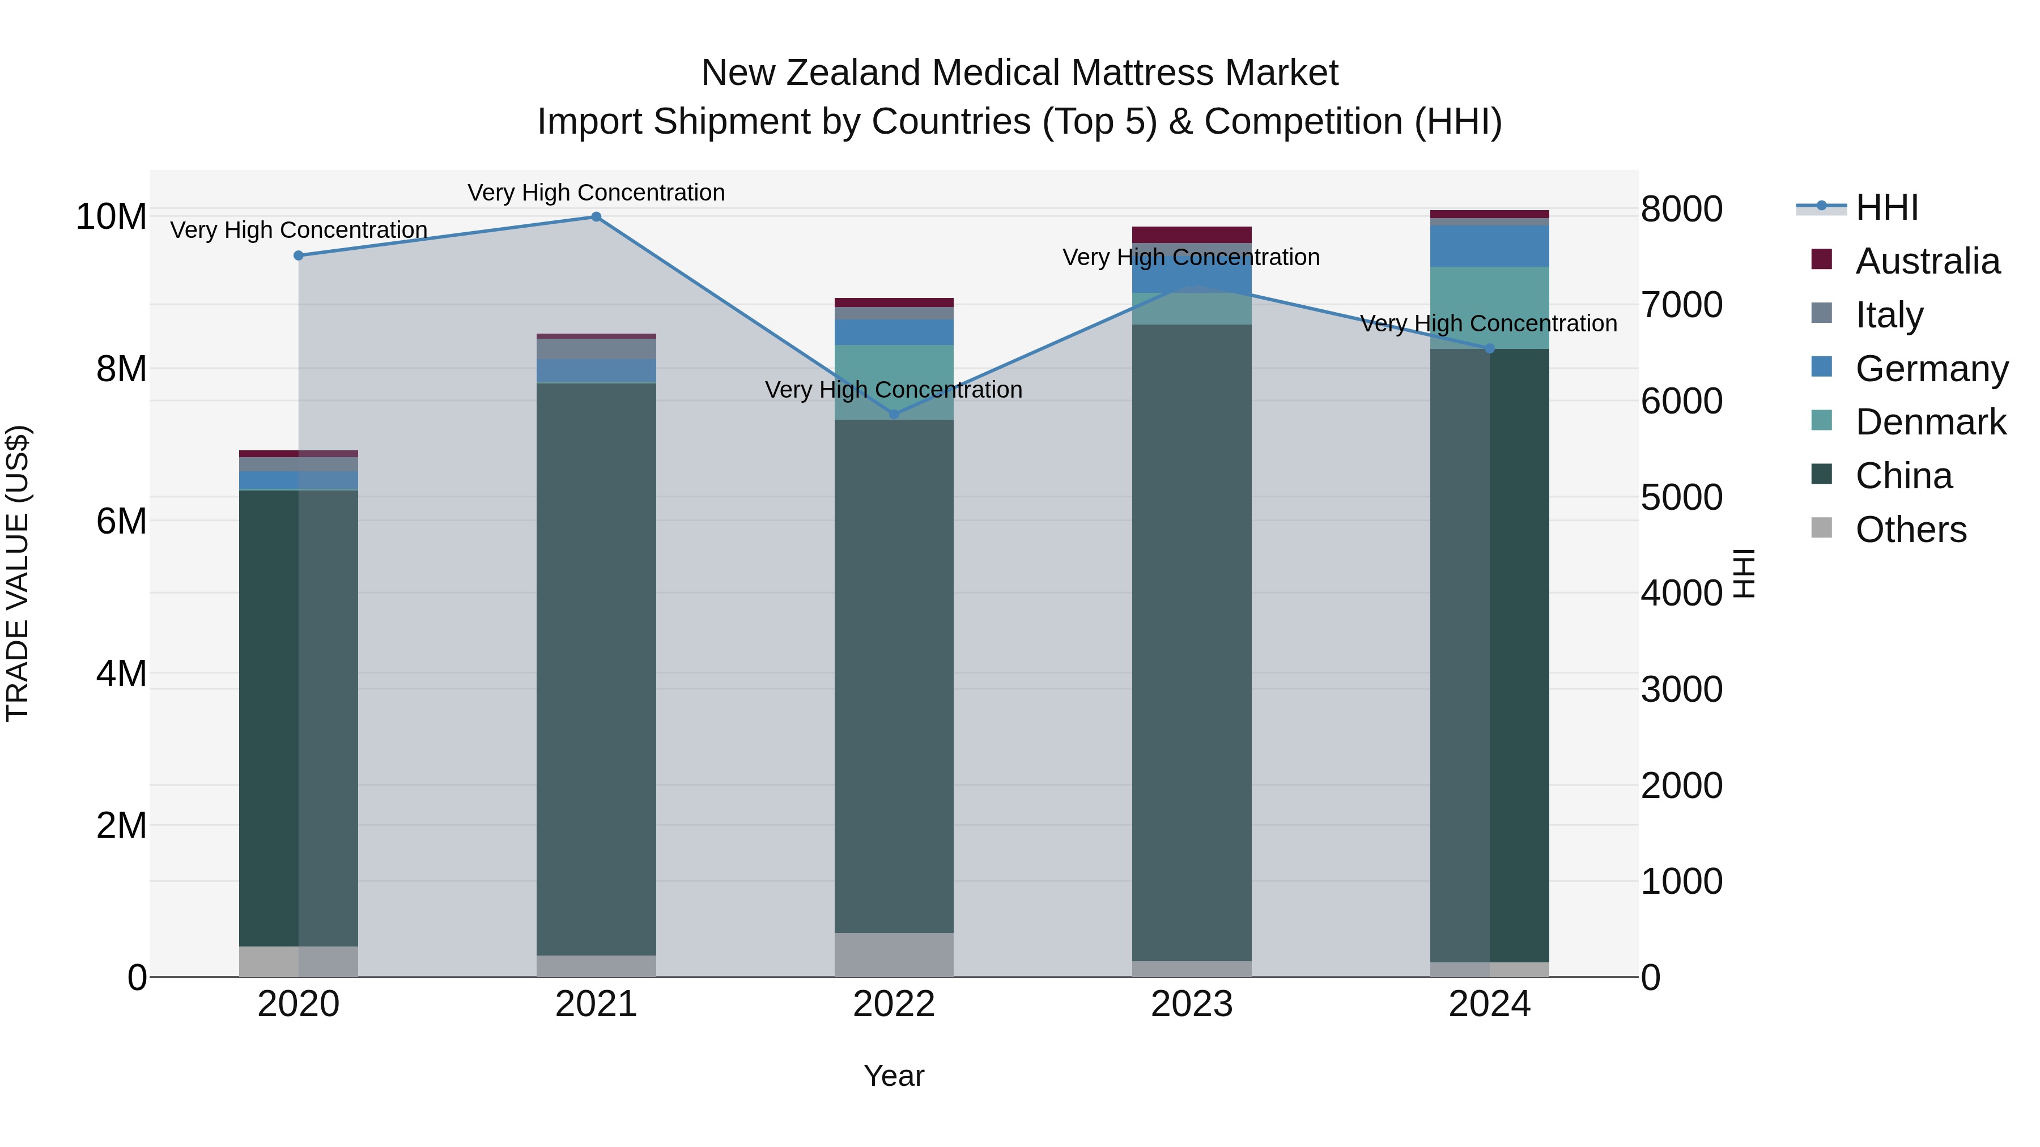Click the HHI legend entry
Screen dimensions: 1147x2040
coord(1886,207)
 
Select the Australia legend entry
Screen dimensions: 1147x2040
coord(1927,261)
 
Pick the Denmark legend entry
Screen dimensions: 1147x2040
coord(1930,422)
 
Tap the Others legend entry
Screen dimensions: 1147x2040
coord(1910,530)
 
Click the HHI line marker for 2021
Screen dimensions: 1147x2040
coord(596,217)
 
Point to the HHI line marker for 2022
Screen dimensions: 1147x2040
coord(894,414)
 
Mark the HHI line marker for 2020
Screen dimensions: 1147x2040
coord(299,255)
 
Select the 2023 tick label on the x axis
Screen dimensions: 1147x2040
coord(1192,1004)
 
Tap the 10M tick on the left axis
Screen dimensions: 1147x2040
coord(111,217)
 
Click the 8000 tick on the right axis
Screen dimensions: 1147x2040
coord(1681,209)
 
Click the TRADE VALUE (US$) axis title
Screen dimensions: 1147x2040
coord(18,573)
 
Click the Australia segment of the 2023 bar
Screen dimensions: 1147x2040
coord(1192,234)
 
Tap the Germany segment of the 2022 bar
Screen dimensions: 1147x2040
coord(894,332)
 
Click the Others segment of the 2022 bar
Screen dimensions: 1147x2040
coord(894,954)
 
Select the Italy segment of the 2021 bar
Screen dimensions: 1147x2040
coord(596,348)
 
